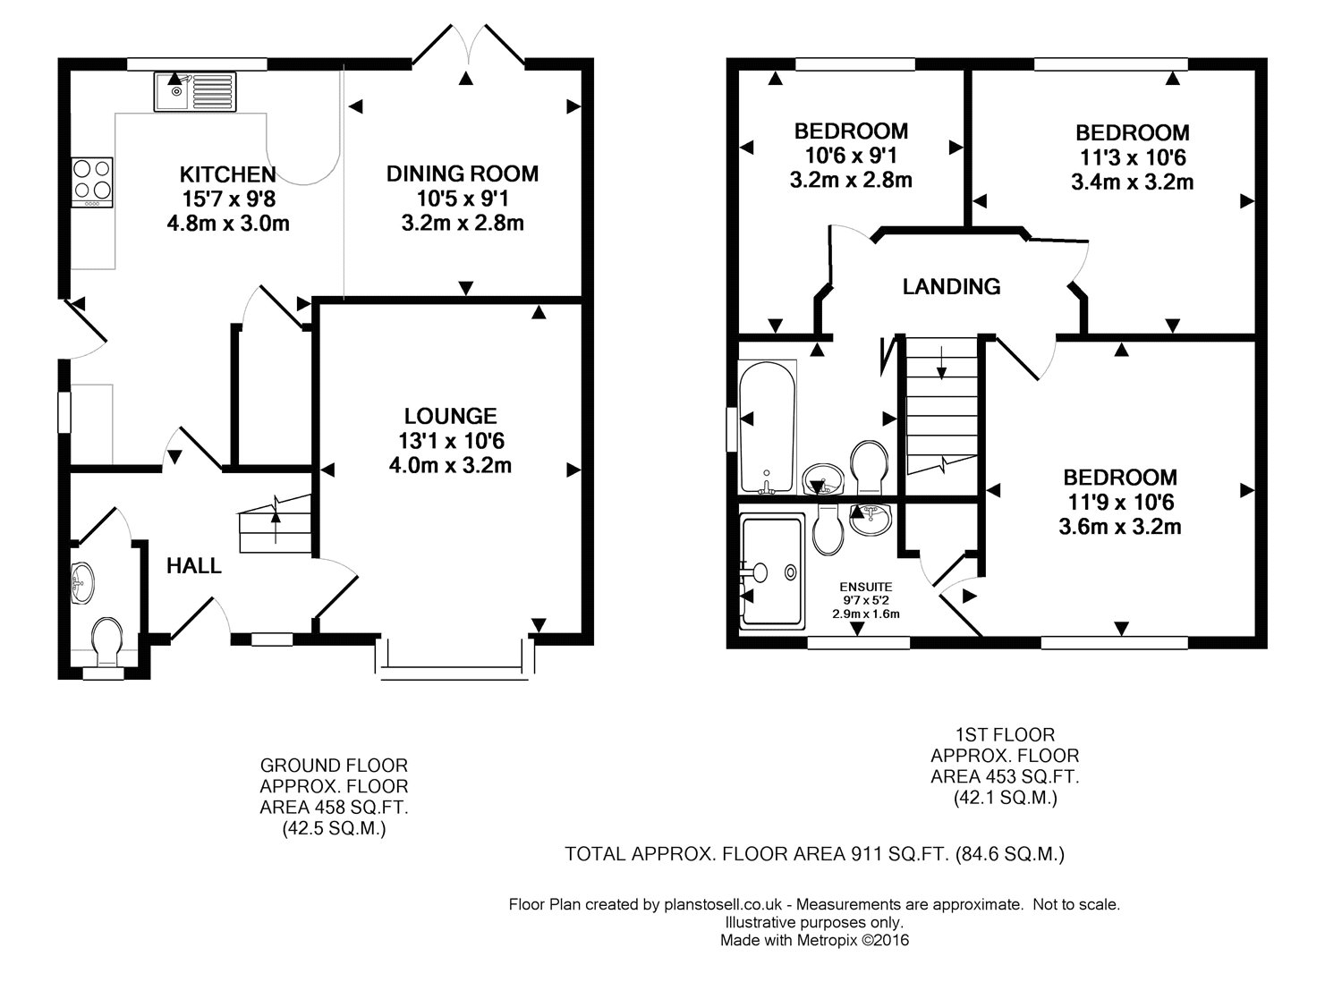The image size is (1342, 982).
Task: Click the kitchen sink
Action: pos(195,91)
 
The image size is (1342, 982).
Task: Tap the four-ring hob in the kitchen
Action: pos(91,182)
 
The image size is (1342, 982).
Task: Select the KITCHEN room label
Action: pos(227,174)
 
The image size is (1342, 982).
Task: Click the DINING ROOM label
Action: pos(462,174)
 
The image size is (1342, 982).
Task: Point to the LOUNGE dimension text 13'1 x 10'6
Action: pos(451,441)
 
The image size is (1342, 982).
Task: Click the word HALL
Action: pos(193,566)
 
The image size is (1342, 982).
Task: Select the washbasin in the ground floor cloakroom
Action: pos(82,582)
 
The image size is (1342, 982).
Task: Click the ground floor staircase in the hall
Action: pos(275,524)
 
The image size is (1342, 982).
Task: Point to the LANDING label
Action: pos(951,287)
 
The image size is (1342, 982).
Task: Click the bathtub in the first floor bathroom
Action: pos(767,428)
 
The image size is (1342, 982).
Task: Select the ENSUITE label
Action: pos(866,587)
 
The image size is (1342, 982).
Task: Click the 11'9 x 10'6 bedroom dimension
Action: pos(1120,502)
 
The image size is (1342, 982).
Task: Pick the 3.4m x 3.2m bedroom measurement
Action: pos(1133,182)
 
